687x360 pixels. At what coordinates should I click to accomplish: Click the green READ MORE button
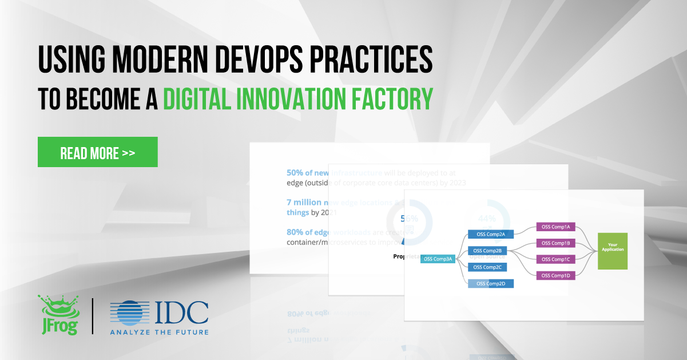[97, 152]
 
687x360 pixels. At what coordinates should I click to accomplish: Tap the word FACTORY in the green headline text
[390, 98]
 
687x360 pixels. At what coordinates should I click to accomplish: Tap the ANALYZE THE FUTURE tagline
[159, 332]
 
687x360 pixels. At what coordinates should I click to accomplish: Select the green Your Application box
[612, 251]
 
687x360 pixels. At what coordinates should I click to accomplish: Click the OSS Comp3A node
[438, 259]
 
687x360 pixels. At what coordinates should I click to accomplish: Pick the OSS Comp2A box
[490, 234]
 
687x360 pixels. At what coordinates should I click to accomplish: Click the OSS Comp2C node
[487, 267]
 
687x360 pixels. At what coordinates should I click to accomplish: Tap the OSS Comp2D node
[490, 283]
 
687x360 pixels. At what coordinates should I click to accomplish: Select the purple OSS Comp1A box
[555, 227]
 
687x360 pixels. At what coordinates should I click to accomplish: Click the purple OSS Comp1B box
[555, 243]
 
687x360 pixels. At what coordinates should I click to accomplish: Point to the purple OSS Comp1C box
[555, 259]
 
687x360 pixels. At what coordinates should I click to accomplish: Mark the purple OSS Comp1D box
[555, 276]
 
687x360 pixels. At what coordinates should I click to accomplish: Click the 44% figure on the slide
[487, 218]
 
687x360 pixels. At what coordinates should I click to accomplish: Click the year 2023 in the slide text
[457, 183]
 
